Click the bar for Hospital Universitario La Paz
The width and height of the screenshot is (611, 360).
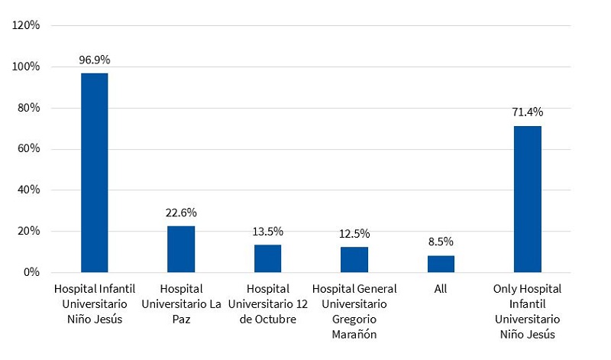181,249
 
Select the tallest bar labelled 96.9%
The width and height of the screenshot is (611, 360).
95,173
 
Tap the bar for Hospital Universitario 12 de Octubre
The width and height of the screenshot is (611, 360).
267,258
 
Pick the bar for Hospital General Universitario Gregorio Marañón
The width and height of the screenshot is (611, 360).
354,260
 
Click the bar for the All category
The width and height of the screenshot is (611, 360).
441,264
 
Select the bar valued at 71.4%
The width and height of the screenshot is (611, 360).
527,199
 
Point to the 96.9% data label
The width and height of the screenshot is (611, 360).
95,59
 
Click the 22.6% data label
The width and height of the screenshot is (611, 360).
181,212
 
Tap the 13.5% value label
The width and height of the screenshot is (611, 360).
267,231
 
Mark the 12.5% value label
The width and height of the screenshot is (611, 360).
354,233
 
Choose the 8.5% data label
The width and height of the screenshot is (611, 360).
441,242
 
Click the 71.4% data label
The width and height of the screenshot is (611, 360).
527,112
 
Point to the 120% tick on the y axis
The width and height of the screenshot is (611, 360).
26,25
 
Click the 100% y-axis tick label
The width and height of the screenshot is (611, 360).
26,66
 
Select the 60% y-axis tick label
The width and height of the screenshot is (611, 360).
29,149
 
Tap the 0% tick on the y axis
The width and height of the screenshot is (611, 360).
32,272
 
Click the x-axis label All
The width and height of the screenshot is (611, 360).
441,289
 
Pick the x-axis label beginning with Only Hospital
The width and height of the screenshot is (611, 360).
527,310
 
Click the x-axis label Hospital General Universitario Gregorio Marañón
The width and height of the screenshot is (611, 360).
354,310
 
